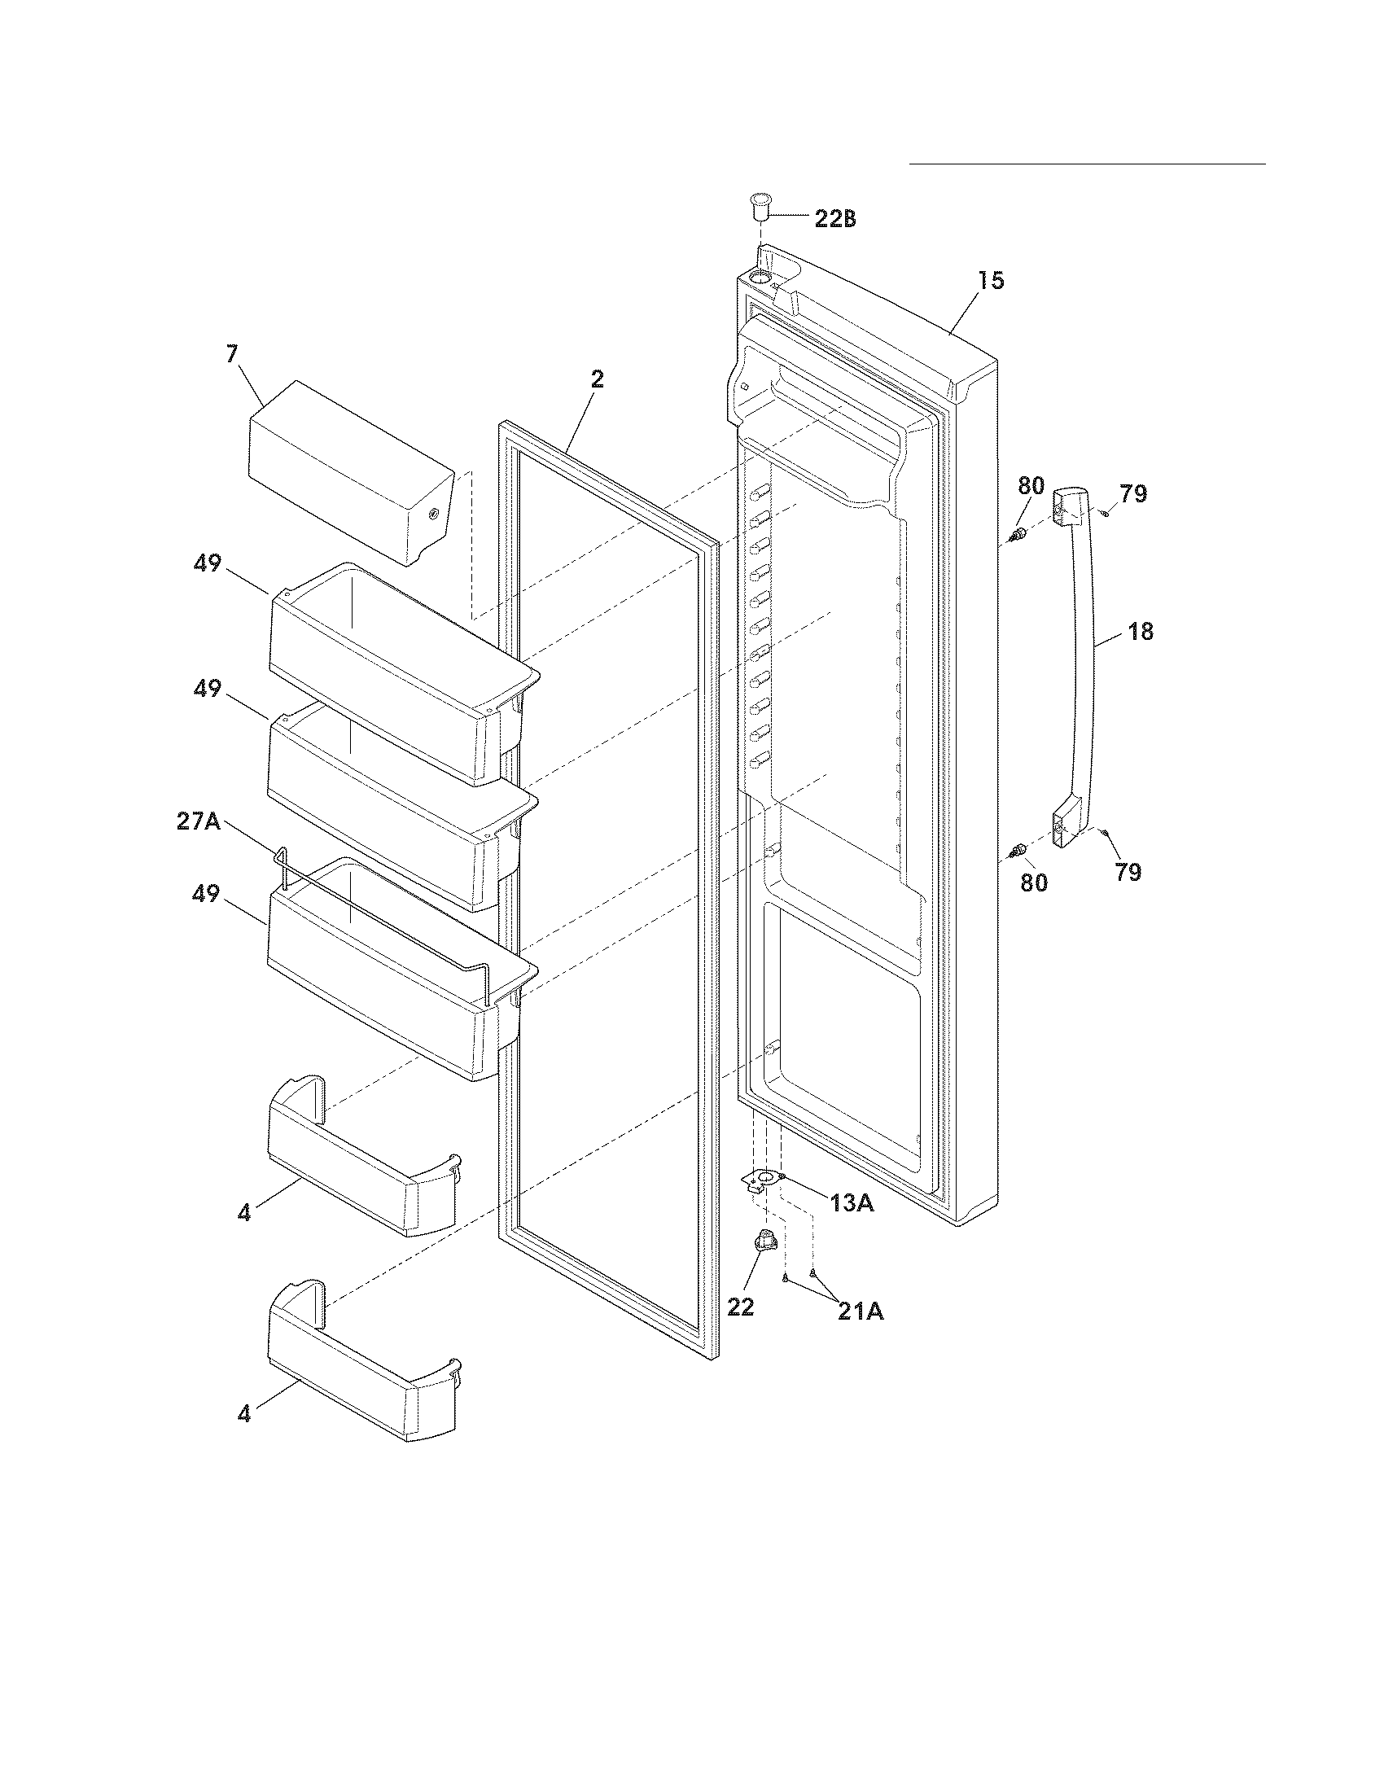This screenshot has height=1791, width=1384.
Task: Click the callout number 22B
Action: click(x=834, y=219)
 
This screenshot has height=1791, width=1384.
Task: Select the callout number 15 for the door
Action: click(x=991, y=281)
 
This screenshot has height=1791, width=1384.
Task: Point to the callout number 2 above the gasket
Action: click(x=597, y=379)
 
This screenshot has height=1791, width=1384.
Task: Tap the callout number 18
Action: click(x=1141, y=632)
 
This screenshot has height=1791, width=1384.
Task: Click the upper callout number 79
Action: click(x=1134, y=494)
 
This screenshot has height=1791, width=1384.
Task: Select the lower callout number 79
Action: click(x=1128, y=873)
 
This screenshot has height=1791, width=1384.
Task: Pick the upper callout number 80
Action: click(x=1031, y=485)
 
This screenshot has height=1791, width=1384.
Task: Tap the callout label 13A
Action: click(x=851, y=1203)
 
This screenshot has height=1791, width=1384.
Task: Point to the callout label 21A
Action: click(x=860, y=1312)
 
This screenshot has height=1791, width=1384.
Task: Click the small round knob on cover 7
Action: click(x=433, y=514)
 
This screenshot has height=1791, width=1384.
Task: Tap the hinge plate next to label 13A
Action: click(x=763, y=1181)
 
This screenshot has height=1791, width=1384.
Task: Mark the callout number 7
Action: click(x=232, y=354)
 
